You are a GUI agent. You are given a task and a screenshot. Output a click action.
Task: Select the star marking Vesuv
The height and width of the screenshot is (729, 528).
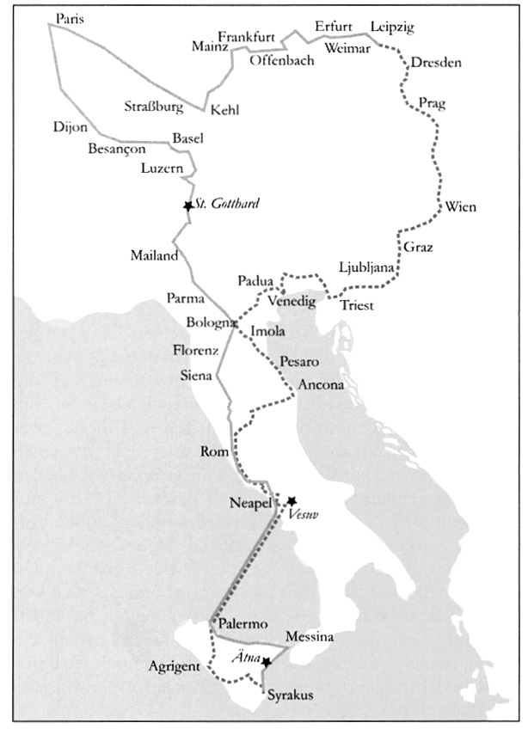point(292,500)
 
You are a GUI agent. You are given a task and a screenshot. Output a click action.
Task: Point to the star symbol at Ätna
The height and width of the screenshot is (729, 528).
point(267,662)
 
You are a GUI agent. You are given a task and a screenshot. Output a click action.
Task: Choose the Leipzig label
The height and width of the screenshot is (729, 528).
point(392,28)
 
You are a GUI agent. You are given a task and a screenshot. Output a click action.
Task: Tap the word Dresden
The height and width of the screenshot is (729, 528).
point(436,64)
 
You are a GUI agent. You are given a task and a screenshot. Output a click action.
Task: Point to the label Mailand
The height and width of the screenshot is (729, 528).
point(154,255)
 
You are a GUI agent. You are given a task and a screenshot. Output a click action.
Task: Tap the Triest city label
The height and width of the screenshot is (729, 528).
point(357,306)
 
